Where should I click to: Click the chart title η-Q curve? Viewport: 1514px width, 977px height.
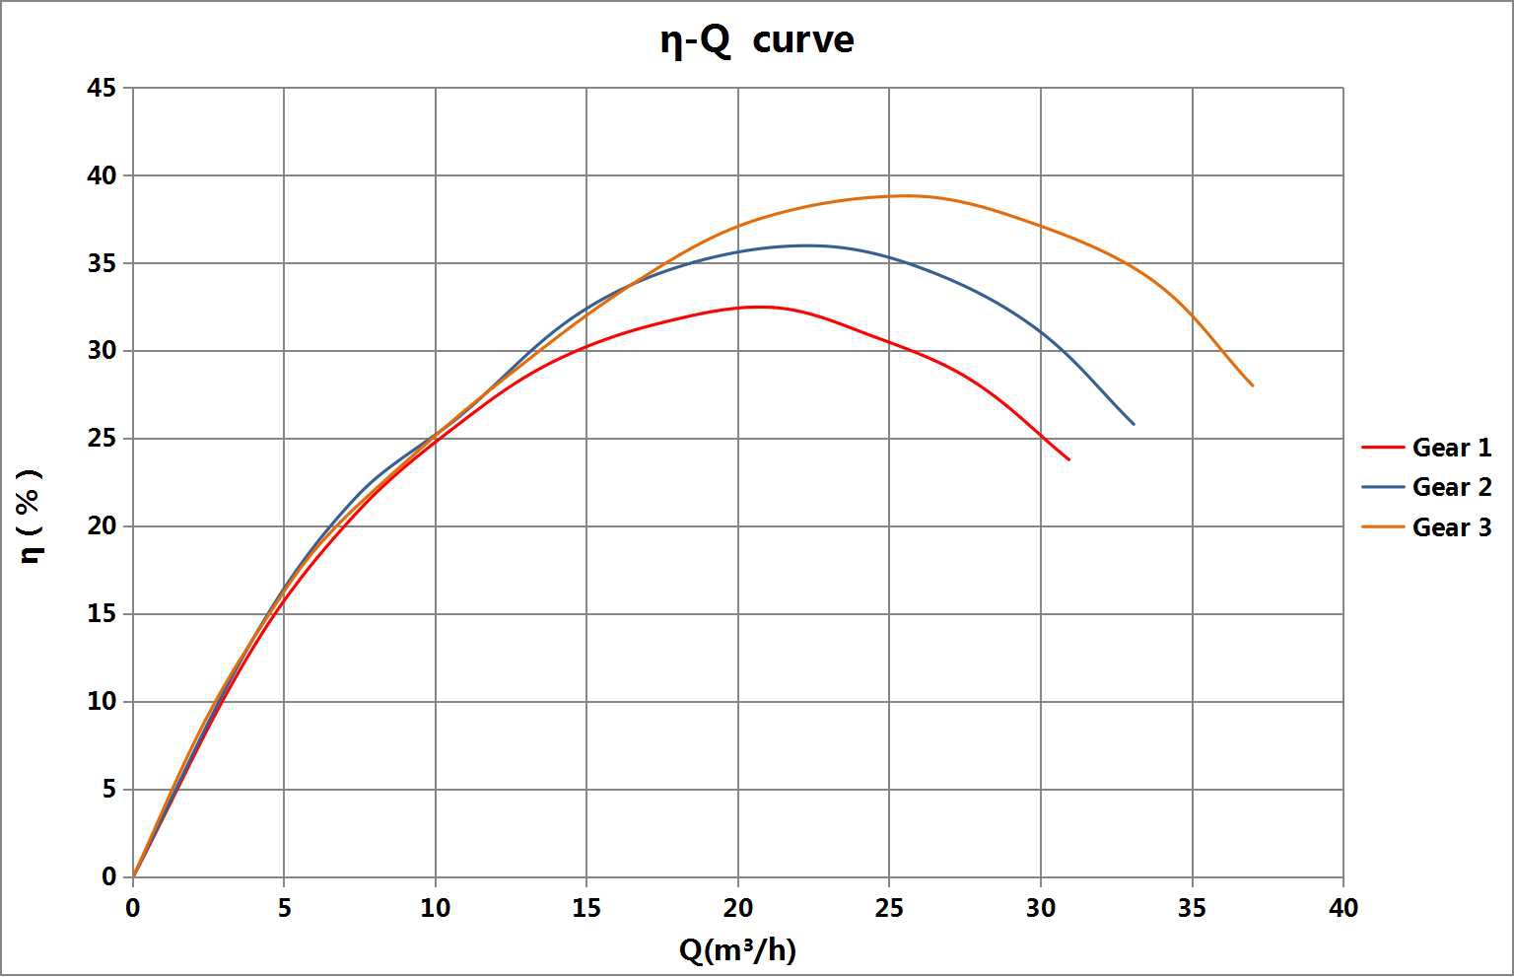point(756,40)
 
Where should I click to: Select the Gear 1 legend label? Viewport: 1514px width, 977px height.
point(1452,448)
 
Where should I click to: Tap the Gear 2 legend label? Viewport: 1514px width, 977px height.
point(1452,487)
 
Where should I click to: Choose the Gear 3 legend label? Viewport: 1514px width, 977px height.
point(1452,527)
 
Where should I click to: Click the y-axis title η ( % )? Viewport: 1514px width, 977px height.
point(32,516)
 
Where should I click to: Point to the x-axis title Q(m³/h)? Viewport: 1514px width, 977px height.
point(737,949)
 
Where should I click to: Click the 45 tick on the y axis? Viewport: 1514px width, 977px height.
point(103,89)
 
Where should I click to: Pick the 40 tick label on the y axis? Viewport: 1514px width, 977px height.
point(103,175)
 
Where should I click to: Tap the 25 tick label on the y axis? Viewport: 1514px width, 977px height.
point(103,439)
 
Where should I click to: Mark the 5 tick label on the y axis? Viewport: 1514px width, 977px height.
point(108,790)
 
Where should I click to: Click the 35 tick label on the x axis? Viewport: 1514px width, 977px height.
point(1192,908)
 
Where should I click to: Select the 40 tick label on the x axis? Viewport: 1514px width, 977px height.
point(1342,908)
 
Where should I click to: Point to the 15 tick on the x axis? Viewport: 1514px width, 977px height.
point(586,908)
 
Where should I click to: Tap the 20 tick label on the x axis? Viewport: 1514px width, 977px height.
point(737,908)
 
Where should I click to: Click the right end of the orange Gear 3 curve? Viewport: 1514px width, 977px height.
point(1253,385)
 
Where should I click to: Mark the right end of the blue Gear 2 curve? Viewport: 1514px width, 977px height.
point(1134,424)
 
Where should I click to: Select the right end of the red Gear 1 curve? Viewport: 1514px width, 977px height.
point(1068,459)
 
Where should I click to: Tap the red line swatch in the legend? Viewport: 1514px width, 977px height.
point(1382,448)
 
